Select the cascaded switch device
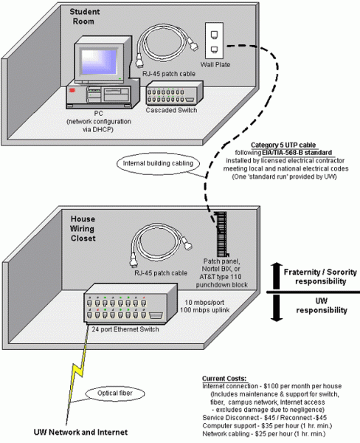click(170, 95)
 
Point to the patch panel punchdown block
click(219, 236)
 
